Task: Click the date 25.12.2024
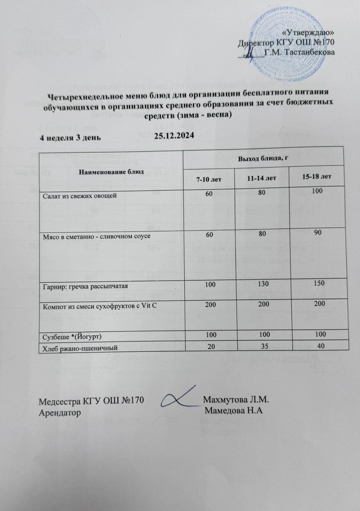coord(174,136)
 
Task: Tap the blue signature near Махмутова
coord(180,397)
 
